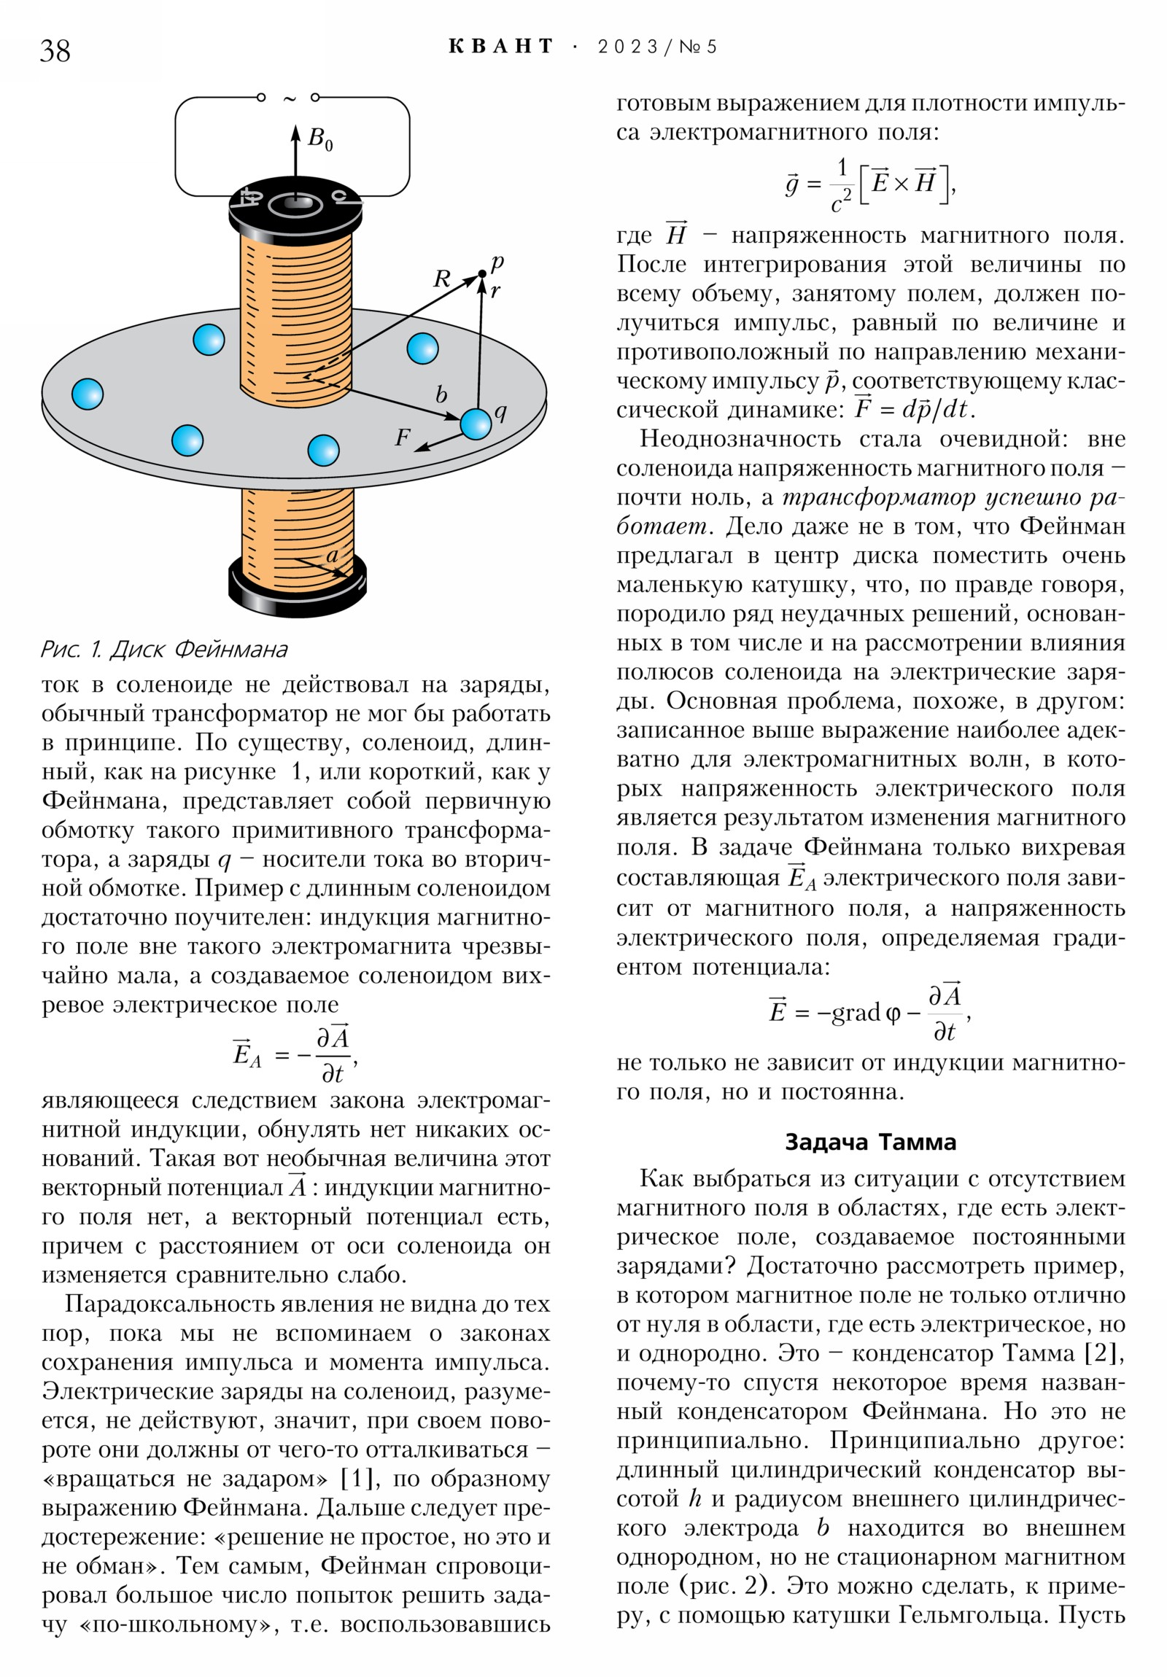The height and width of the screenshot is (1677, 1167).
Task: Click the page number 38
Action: point(55,50)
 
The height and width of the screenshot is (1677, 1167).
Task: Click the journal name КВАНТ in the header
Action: point(500,47)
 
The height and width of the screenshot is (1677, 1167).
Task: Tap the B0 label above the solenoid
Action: point(320,138)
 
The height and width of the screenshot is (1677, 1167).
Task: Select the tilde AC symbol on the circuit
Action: point(290,98)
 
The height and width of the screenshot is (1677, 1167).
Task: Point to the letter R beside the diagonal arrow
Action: point(442,279)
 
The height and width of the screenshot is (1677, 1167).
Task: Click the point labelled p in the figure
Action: point(481,274)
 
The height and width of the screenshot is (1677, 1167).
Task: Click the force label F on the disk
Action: point(402,437)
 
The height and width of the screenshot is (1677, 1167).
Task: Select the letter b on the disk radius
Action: point(441,394)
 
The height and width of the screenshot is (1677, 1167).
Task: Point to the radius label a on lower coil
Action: point(332,555)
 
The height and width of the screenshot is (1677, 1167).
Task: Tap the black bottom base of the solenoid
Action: point(298,588)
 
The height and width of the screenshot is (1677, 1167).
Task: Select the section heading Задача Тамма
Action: point(870,1142)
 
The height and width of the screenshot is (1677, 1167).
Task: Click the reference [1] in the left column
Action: point(360,1479)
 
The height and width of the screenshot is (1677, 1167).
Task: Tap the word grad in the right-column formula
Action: point(856,1012)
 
